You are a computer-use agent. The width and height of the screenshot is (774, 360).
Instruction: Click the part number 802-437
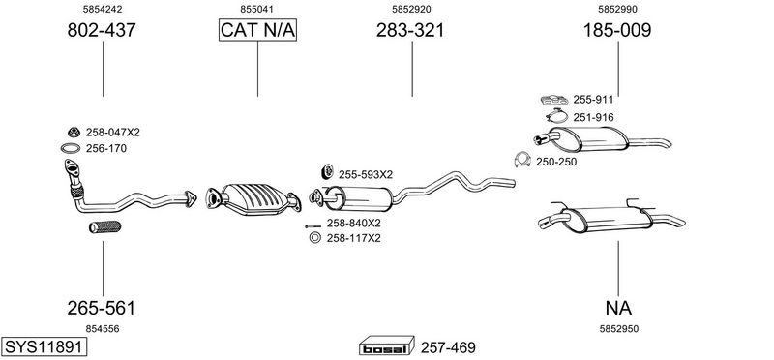coord(102,31)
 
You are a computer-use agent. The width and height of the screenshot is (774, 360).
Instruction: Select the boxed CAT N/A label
coord(257,30)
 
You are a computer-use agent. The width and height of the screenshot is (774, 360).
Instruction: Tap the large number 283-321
coord(410,31)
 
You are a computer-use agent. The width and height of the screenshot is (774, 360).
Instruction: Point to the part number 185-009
coord(617,31)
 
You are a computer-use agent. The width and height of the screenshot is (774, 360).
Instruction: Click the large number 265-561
coord(102,308)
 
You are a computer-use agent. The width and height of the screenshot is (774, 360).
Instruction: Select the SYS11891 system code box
coord(44,346)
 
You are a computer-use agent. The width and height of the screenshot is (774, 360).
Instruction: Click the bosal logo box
coord(386,346)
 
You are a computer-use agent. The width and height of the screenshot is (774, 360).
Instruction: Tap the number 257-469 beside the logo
coord(448,347)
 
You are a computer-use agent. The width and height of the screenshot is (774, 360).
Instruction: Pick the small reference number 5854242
coord(103,9)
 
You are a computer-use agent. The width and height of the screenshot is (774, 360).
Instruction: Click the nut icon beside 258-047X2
coord(74,133)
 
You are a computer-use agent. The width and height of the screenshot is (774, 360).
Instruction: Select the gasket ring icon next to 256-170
coord(71,148)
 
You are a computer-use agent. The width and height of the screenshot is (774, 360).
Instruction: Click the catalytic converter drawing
coord(253,199)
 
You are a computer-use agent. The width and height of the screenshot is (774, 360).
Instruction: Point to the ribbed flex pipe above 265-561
coord(105,226)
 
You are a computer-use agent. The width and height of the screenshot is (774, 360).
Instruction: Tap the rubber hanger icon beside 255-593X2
coord(327,171)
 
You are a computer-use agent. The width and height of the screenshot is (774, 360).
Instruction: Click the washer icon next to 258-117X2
coord(314,238)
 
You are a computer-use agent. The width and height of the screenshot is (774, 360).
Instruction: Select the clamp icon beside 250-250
coord(521,160)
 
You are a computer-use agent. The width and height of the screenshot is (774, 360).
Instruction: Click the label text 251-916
coord(593,117)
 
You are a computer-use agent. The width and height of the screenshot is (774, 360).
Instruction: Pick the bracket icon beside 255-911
coord(554,100)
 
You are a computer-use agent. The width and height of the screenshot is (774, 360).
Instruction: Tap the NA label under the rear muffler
coord(618,308)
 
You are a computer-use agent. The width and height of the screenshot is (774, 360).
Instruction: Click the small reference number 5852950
coord(618,329)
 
